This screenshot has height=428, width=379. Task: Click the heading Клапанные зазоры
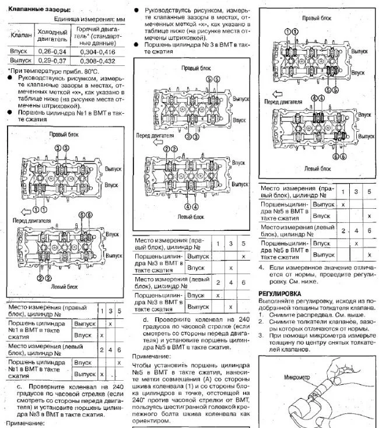pos(38,10)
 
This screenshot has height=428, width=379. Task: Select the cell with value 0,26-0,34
pos(52,51)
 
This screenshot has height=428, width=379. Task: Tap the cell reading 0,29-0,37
pos(52,60)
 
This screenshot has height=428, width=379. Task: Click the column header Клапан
pos(17,35)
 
